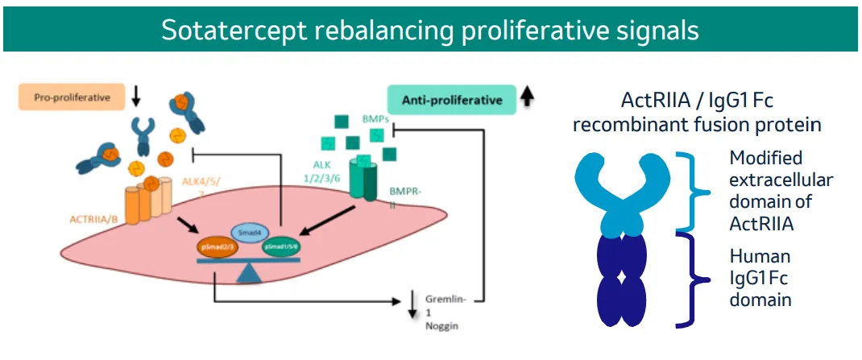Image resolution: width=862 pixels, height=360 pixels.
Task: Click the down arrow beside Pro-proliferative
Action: (x=135, y=96)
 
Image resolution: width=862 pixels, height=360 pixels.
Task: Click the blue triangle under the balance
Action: (x=250, y=272)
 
